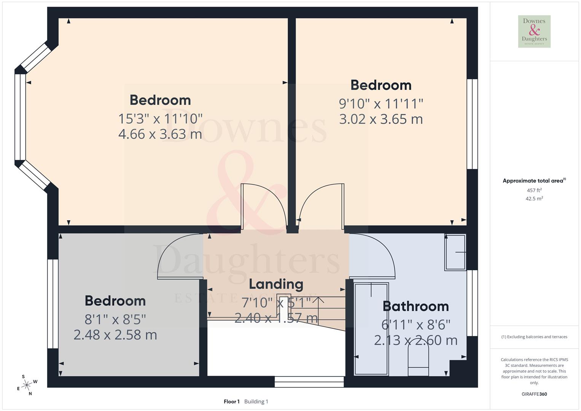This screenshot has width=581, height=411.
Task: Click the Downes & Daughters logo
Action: pyautogui.click(x=534, y=32)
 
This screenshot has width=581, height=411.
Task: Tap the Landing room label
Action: pyautogui.click(x=276, y=284)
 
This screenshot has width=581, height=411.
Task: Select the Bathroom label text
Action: pyautogui.click(x=415, y=306)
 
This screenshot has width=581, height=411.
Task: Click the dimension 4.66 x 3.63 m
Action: pyautogui.click(x=160, y=134)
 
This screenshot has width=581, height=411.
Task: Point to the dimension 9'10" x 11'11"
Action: pyautogui.click(x=381, y=104)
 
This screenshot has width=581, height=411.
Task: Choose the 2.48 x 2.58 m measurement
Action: pyautogui.click(x=115, y=335)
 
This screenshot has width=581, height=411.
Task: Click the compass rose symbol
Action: pyautogui.click(x=27, y=385)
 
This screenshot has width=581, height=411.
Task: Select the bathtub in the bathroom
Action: pyautogui.click(x=371, y=328)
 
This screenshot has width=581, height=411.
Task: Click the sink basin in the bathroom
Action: pyautogui.click(x=455, y=252)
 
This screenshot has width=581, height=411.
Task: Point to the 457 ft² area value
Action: pyautogui.click(x=534, y=190)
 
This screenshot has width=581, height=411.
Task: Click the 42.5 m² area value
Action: pyautogui.click(x=534, y=199)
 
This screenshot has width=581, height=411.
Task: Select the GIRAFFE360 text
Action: pyautogui.click(x=534, y=394)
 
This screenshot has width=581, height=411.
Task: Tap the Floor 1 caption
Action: pyautogui.click(x=231, y=401)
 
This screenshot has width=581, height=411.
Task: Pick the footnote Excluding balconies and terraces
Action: pyautogui.click(x=534, y=337)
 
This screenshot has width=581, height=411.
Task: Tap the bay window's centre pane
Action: pyautogui.click(x=20, y=117)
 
